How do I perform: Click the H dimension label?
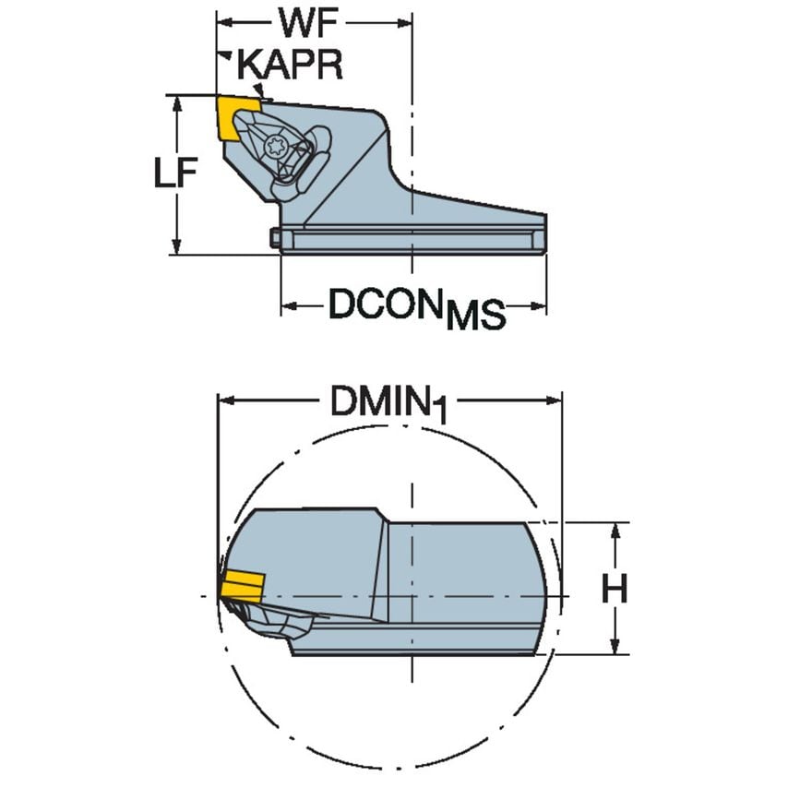pyautogui.click(x=615, y=589)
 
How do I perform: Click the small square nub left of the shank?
pyautogui.click(x=275, y=238)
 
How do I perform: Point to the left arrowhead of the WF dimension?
pyautogui.click(x=223, y=20)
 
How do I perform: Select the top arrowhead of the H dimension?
pyautogui.click(x=615, y=528)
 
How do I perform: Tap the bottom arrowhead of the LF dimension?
pyautogui.click(x=175, y=246)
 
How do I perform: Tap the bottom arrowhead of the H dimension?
pyautogui.click(x=615, y=649)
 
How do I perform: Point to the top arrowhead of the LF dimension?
pyautogui.click(x=175, y=101)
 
